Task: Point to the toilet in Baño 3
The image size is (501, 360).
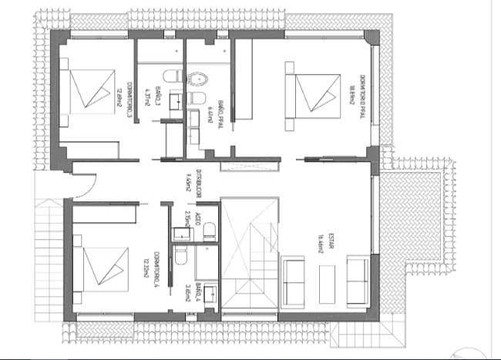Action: [173, 76]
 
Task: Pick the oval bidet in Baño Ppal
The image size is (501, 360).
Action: [198, 77]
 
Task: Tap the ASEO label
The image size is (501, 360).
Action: [193, 224]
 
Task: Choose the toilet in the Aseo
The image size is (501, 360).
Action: [209, 232]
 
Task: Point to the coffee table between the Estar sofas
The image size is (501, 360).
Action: [328, 282]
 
